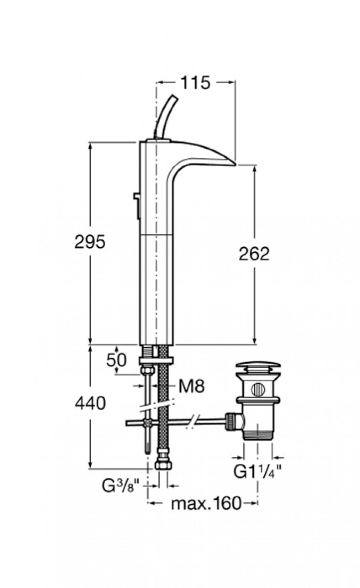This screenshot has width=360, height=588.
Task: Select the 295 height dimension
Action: pyautogui.click(x=90, y=241)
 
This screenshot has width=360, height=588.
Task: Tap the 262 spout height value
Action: pyautogui.click(x=254, y=254)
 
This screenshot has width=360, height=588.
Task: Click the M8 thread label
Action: pyautogui.click(x=191, y=386)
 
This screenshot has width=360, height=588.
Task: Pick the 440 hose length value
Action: pyautogui.click(x=90, y=403)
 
